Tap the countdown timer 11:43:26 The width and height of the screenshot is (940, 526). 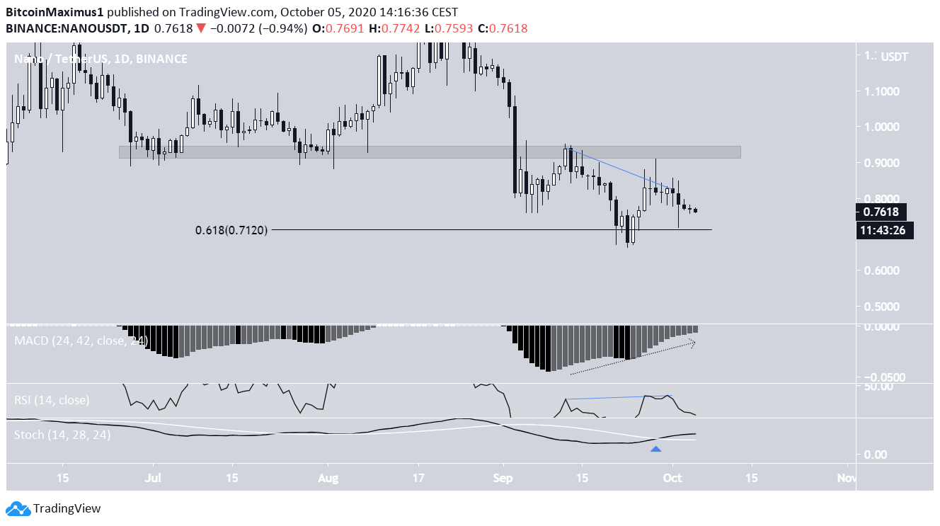tap(885, 230)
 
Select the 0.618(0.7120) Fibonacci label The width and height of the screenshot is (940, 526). tap(231, 230)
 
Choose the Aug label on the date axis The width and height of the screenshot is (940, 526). tap(328, 478)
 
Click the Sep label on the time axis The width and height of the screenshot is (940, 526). tap(503, 478)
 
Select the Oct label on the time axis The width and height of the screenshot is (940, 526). tap(672, 478)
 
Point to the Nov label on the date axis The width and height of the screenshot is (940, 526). tap(846, 478)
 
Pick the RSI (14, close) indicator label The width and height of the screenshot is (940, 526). tap(52, 400)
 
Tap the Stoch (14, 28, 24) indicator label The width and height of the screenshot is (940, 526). tap(62, 435)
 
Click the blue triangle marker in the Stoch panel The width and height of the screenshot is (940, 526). tap(656, 449)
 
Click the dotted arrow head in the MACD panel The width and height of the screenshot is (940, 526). tap(693, 343)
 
